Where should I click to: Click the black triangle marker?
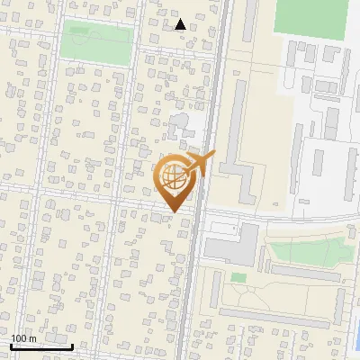click(181, 24)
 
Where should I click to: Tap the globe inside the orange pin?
click(173, 176)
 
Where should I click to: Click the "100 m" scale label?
click(23, 337)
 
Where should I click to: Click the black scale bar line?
click(41, 346)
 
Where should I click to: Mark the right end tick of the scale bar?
click(72, 345)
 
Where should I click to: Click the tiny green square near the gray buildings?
click(237, 278)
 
